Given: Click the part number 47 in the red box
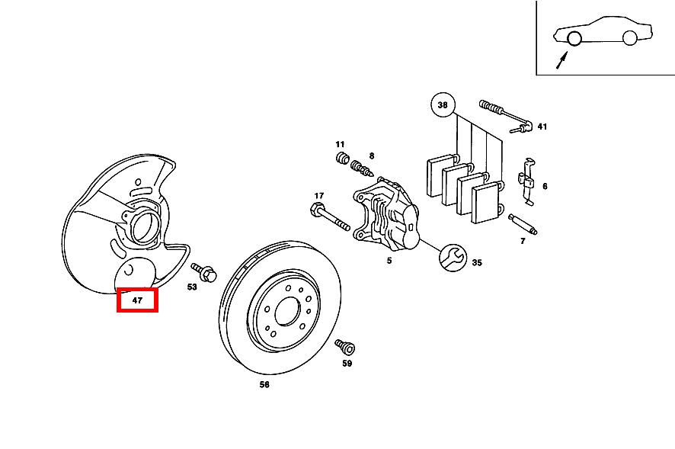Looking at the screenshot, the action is tap(137, 300).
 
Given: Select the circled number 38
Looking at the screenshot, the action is tap(443, 104).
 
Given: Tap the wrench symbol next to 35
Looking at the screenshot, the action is tap(453, 258).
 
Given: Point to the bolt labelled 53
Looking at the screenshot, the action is tap(204, 272).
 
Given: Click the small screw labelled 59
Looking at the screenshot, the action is tap(345, 347).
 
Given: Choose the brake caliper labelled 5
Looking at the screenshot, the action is tap(385, 214).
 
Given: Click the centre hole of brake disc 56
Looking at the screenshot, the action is tap(287, 311).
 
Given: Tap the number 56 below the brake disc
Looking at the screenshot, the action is tap(264, 384).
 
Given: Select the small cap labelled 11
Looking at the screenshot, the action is tap(342, 158).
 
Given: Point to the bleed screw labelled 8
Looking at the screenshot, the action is tap(362, 168).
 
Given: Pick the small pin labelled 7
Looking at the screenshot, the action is tap(523, 224).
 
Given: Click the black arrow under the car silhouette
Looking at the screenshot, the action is tap(561, 60).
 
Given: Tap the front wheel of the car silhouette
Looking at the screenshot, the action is tap(574, 38).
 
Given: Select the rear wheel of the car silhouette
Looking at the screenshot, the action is tap(629, 38).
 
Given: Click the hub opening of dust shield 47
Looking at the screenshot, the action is tap(143, 227).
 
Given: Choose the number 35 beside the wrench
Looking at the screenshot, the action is tap(477, 262).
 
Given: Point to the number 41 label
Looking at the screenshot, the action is tap(542, 127).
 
